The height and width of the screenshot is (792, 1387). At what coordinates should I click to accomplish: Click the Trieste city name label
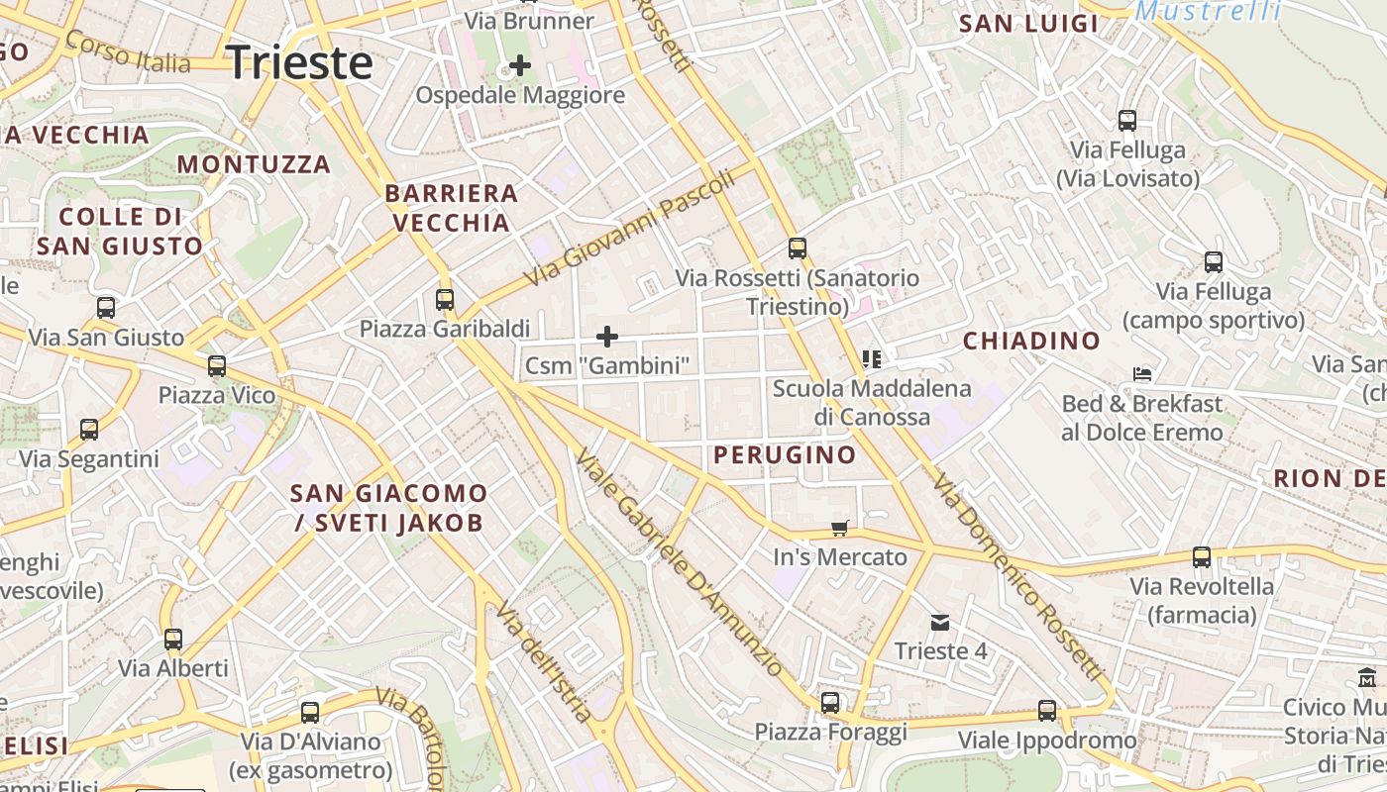300,62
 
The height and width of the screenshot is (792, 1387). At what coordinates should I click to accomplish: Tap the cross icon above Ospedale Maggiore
519,66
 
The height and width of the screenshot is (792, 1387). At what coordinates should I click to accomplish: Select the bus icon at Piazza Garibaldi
445,299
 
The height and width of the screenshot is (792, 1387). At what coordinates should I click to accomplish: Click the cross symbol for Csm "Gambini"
607,338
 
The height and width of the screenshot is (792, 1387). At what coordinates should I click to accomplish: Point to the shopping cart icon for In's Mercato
840,529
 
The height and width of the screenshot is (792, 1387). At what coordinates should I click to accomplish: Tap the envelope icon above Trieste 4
939,623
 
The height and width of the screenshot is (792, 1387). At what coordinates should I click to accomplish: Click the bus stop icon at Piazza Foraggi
830,703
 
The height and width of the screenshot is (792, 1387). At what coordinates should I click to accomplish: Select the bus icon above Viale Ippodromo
1047,711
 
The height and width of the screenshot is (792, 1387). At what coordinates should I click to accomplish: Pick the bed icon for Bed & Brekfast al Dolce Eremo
1142,375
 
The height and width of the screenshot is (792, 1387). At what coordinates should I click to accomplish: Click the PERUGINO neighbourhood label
785,455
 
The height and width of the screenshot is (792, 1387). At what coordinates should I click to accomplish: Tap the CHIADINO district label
1031,342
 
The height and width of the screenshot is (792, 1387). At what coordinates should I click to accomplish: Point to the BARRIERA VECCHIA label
452,208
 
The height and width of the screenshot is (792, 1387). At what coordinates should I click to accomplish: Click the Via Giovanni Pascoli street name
630,226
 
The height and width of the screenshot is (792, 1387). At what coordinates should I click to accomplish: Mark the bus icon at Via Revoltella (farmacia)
1202,557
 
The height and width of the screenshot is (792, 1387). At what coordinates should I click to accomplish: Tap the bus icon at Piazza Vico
217,366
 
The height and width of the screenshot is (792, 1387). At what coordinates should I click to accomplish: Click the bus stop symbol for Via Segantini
89,430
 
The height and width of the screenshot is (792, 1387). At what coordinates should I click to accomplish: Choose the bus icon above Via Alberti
173,639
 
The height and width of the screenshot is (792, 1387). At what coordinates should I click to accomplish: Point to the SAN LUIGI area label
1029,24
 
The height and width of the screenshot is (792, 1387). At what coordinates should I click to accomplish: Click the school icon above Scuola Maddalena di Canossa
872,358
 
